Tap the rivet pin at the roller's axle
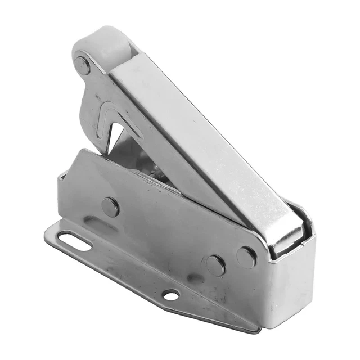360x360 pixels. [83, 65]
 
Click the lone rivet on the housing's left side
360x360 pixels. [110, 206]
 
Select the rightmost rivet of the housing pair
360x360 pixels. [246, 256]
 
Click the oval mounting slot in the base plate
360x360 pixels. [74, 240]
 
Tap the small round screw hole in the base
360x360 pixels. [170, 294]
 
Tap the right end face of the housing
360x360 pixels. [292, 287]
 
